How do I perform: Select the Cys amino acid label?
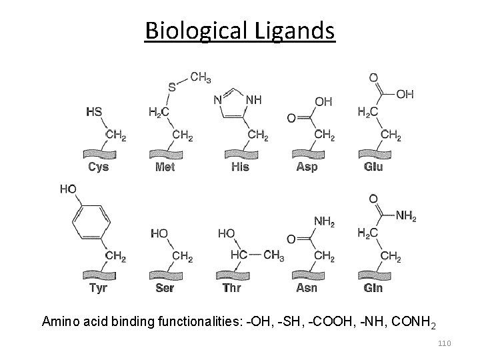click(98, 167)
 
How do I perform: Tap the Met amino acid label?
click(165, 167)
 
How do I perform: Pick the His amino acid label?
click(241, 167)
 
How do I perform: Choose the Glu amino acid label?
click(373, 167)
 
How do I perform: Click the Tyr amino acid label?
click(97, 288)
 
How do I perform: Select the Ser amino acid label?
click(164, 288)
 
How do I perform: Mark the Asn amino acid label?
click(307, 288)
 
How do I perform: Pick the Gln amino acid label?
click(373, 288)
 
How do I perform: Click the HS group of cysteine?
click(94, 111)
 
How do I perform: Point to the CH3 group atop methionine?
click(200, 77)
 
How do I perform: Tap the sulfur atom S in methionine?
click(172, 87)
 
